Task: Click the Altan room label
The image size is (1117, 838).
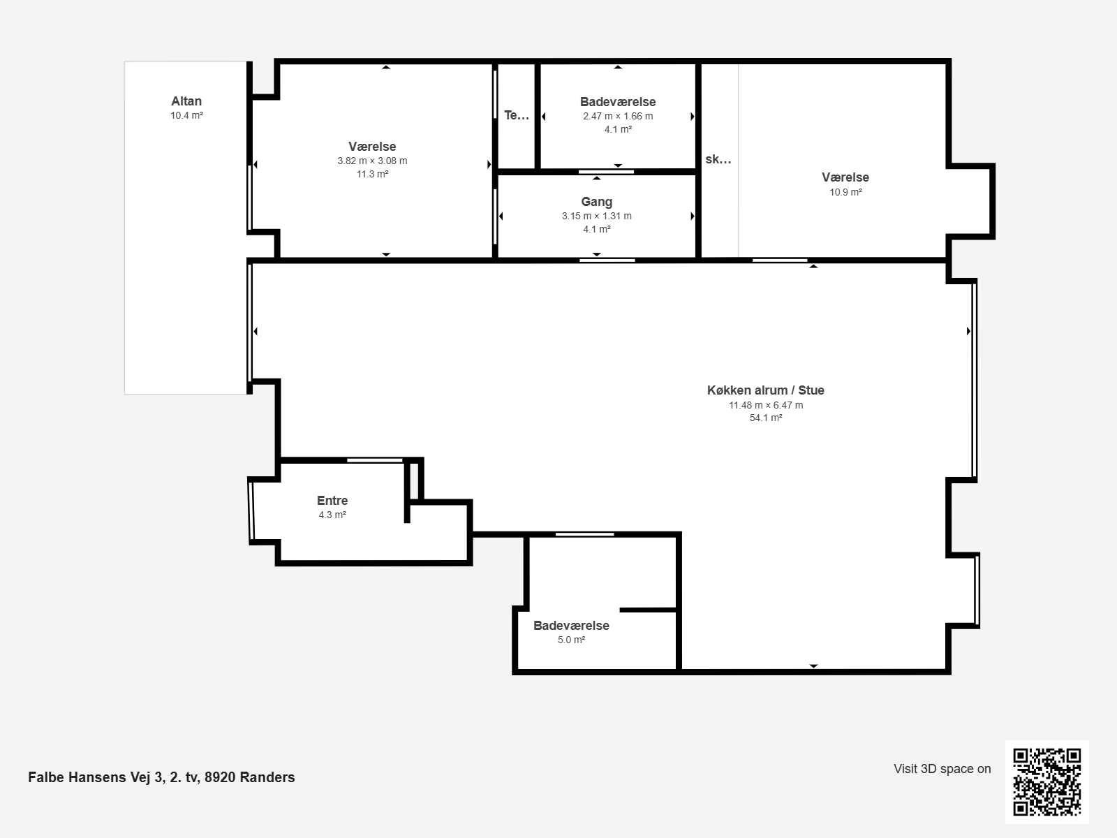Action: pos(186,101)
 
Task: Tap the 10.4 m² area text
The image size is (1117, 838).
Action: pos(186,115)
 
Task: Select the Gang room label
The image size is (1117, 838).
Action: pos(596,202)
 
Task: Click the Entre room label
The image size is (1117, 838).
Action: pos(332,500)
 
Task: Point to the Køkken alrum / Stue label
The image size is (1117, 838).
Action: pos(765,390)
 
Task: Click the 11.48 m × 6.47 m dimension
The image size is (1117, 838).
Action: pos(765,405)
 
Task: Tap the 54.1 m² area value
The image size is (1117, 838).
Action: pos(765,418)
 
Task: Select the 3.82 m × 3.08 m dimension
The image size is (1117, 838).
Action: pos(372,161)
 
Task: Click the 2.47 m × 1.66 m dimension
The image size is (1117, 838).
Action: pos(618,116)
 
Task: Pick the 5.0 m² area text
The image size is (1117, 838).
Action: pos(571,640)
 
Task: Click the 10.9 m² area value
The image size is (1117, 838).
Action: pos(845,192)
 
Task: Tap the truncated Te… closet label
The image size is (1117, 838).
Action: pos(517,115)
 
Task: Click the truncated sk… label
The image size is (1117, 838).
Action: pos(718,159)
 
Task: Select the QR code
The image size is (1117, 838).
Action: pos(1046,781)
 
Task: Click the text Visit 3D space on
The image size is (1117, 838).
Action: pos(942,769)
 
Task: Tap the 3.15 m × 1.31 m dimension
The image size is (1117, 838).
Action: pos(596,216)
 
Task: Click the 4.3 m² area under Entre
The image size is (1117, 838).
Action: pos(332,515)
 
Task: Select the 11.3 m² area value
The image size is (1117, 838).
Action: pos(372,174)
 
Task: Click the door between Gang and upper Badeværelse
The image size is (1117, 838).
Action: pos(606,172)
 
